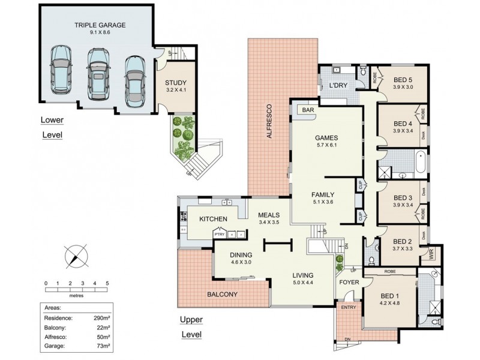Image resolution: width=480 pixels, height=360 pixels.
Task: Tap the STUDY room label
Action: click(176, 83)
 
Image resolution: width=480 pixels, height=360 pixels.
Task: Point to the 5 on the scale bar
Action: click(107, 283)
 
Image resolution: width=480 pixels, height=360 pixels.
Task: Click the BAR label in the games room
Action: click(310, 110)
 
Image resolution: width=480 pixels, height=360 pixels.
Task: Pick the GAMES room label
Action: click(327, 136)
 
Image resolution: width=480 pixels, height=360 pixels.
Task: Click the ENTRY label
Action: click(348, 308)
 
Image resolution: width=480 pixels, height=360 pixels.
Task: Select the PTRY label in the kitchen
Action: click(219, 234)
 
